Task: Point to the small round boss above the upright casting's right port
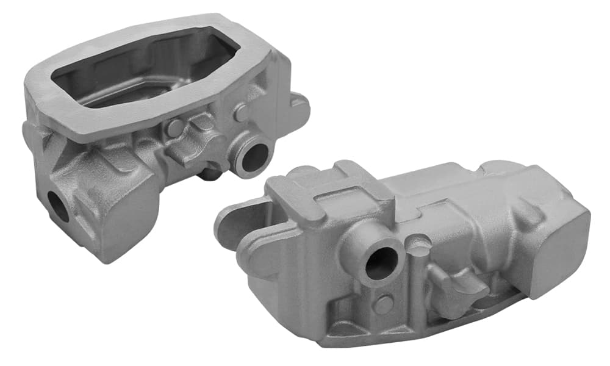tap(242, 112)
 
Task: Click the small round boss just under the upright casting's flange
tap(174, 127)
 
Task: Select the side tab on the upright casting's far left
tap(30, 137)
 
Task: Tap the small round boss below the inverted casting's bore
tap(384, 304)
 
